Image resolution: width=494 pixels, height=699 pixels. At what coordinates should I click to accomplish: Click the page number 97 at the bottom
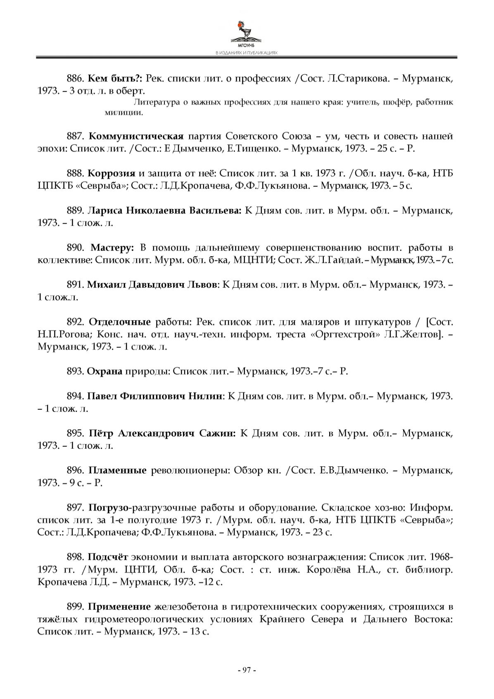(247, 670)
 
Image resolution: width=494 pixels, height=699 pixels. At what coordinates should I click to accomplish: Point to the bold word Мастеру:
(112, 248)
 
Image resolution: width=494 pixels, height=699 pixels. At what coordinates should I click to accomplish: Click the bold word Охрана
(104, 371)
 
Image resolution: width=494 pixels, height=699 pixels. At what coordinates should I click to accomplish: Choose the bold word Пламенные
(118, 470)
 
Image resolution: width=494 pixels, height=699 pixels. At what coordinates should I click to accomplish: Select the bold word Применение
(119, 606)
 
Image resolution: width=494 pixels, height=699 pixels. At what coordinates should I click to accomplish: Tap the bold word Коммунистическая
(136, 136)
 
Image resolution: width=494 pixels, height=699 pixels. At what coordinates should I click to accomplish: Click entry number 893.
(75, 371)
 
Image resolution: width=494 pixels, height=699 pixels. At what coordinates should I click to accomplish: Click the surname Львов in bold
(202, 285)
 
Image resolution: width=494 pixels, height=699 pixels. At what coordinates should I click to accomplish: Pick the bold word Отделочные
(120, 322)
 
